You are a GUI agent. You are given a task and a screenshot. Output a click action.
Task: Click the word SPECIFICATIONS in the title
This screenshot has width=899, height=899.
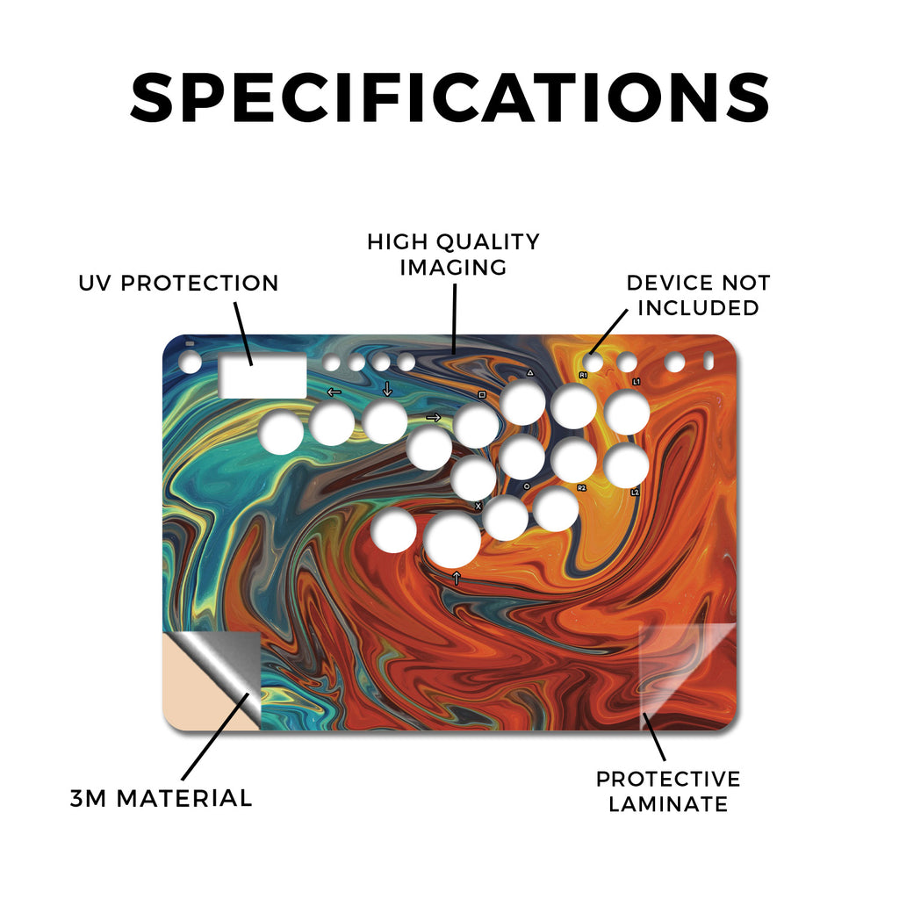tap(449, 97)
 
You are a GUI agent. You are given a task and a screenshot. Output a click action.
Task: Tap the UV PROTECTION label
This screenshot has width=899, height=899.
tap(178, 284)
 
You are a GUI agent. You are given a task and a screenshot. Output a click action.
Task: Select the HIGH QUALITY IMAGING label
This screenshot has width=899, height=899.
tap(453, 255)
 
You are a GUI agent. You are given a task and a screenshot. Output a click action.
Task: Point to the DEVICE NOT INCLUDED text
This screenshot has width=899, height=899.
tap(698, 295)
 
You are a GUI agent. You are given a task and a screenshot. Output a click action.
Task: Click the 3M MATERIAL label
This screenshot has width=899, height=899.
tap(162, 799)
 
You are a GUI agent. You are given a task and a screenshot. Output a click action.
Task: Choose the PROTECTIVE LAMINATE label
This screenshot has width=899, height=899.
tap(668, 792)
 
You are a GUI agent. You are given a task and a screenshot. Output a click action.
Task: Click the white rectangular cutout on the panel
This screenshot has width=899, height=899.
tap(263, 376)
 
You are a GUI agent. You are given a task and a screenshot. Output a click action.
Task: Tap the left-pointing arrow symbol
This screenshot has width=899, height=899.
tap(334, 392)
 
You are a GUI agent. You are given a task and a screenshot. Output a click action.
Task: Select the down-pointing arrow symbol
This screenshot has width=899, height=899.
tap(387, 389)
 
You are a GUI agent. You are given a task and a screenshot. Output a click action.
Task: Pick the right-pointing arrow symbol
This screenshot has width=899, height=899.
tap(434, 417)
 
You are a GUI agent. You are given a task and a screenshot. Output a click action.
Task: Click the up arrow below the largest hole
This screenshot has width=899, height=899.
tap(457, 578)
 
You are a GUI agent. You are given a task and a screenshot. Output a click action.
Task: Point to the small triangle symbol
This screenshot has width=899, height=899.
tap(530, 372)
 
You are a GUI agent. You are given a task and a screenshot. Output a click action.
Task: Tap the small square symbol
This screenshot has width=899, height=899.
tap(482, 394)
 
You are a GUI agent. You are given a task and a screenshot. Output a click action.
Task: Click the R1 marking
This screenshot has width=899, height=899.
tap(583, 375)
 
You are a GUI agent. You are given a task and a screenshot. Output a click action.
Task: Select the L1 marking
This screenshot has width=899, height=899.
tap(636, 381)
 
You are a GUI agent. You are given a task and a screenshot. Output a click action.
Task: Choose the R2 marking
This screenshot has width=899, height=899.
tap(582, 488)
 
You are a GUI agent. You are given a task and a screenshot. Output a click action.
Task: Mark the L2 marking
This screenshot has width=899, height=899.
tap(635, 492)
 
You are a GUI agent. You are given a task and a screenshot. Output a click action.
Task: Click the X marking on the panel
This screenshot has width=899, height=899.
tap(478, 507)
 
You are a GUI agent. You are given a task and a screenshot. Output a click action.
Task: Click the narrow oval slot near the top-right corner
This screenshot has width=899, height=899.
tap(708, 361)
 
